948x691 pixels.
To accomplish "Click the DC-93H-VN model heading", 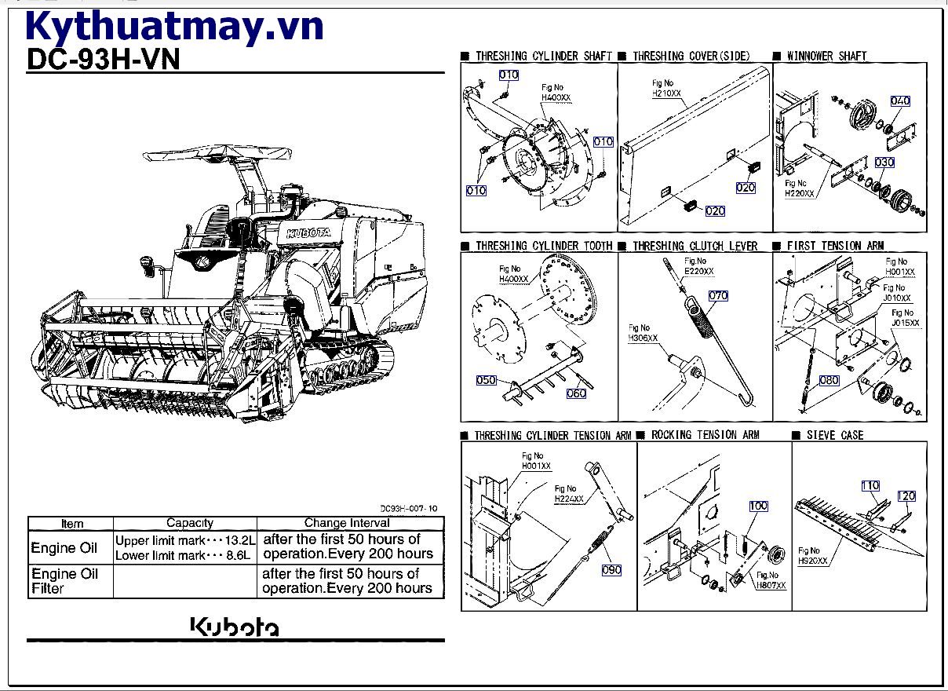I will pos(104,60).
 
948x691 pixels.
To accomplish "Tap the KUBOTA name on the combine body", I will pos(308,233).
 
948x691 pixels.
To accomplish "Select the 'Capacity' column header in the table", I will pos(189,523).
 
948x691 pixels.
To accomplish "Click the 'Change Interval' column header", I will pos(347,523).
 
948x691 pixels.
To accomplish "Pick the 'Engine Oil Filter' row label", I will pos(64,581).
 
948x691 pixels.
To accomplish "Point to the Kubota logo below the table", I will pos(234,627).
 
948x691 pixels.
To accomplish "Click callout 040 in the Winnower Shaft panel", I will pos(900,101).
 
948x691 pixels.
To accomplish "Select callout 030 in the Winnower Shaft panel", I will pos(884,163).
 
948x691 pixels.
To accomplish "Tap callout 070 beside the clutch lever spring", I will pos(718,296).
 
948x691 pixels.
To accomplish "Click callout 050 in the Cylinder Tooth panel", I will pos(487,380).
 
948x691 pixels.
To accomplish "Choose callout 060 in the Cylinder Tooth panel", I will pos(576,393).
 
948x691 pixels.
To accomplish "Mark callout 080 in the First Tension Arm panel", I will pos(829,380).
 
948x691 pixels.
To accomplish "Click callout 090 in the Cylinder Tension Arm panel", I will pos(611,570).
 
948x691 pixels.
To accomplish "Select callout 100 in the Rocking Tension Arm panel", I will pos(758,506).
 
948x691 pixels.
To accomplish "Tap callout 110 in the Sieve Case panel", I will pos(870,486).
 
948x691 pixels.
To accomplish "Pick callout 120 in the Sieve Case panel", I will pos(906,496).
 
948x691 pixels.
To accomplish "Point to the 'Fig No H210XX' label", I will pos(666,88).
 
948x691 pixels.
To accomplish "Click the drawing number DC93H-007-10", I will pos(409,508).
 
